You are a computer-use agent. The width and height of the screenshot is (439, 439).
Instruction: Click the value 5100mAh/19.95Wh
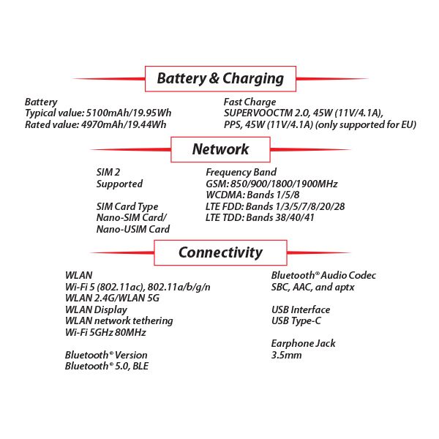tap(129, 113)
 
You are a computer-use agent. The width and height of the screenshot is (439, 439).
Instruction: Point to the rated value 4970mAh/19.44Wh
tap(124, 124)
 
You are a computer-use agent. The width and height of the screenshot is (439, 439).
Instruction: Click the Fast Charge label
tap(249, 102)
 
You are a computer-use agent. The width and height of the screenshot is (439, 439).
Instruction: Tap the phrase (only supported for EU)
tap(366, 124)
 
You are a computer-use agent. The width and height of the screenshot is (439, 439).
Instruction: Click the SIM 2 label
tap(108, 172)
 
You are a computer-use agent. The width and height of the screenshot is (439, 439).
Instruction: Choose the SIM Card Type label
tap(127, 206)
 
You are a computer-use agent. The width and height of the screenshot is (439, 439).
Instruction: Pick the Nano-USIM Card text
tap(133, 229)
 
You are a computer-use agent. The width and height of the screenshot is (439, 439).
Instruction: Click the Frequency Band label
tap(241, 172)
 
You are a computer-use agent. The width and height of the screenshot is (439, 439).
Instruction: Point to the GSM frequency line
tap(271, 184)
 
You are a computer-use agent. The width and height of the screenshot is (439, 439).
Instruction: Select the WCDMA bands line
tap(252, 195)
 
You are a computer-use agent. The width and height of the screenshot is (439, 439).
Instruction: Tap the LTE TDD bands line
tap(260, 217)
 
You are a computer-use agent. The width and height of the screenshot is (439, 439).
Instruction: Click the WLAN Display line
tap(96, 310)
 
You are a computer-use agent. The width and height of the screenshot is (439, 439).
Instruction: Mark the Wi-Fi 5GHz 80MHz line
tap(105, 332)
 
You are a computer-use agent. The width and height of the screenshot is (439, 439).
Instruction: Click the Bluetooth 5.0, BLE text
tap(107, 366)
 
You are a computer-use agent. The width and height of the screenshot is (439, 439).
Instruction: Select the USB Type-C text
tap(296, 321)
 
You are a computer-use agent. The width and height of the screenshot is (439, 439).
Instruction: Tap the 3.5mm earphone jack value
tap(286, 355)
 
